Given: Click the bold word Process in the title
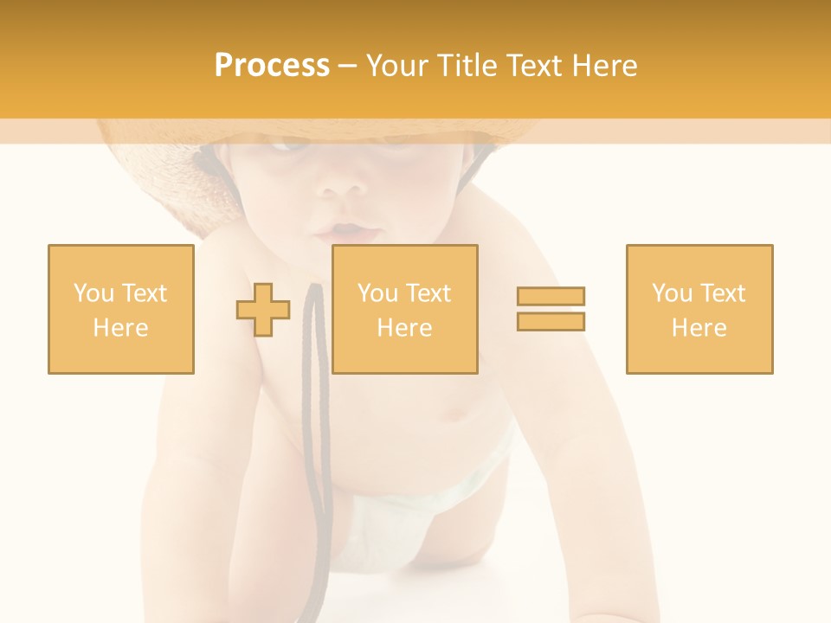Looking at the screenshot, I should click(272, 66).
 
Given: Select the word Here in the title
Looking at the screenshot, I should click(603, 66).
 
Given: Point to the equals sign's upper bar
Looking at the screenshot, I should click(551, 297).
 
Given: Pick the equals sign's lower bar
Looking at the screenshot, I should click(551, 321).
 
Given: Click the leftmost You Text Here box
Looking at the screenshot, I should click(121, 309).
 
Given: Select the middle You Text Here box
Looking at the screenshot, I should click(405, 309).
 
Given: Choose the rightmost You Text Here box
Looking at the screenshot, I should click(699, 309).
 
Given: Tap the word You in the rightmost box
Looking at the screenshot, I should click(672, 293).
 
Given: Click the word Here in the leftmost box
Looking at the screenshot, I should click(120, 328).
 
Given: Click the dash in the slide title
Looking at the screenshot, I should click(348, 66).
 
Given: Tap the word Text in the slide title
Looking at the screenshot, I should click(532, 66).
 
